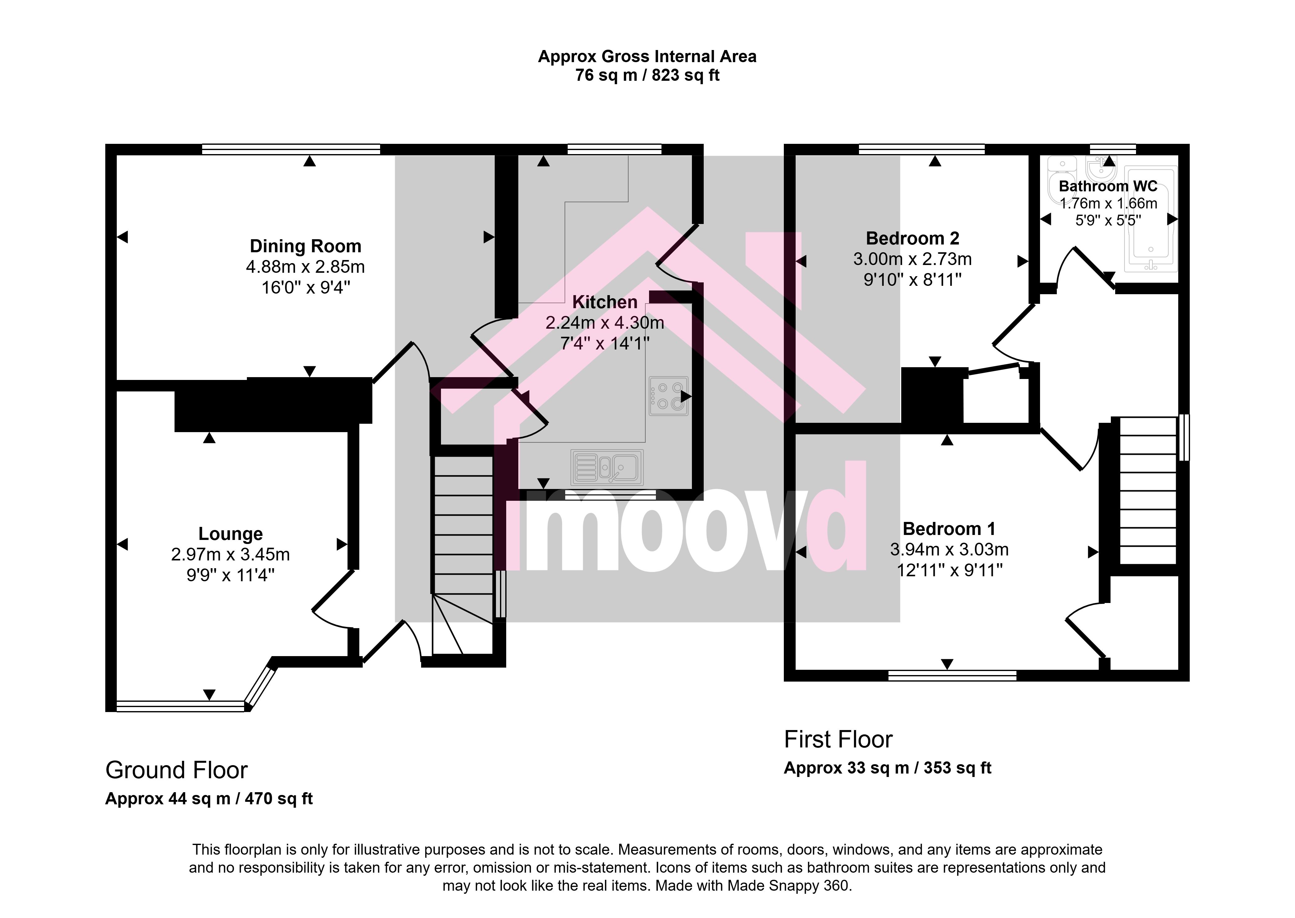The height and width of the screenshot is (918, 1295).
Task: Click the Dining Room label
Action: click(x=306, y=246)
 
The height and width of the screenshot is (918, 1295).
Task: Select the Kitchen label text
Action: click(x=605, y=302)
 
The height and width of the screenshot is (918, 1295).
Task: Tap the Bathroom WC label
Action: click(x=1108, y=186)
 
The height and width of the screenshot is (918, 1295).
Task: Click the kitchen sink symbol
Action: click(x=607, y=468)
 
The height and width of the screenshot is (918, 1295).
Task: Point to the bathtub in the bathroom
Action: click(x=1150, y=219)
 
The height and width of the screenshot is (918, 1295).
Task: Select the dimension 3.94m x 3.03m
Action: click(x=949, y=550)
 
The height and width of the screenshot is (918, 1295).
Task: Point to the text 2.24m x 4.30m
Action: click(x=605, y=323)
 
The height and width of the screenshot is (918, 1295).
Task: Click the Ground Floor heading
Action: click(x=176, y=770)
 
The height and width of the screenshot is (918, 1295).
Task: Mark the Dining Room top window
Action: click(x=291, y=149)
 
